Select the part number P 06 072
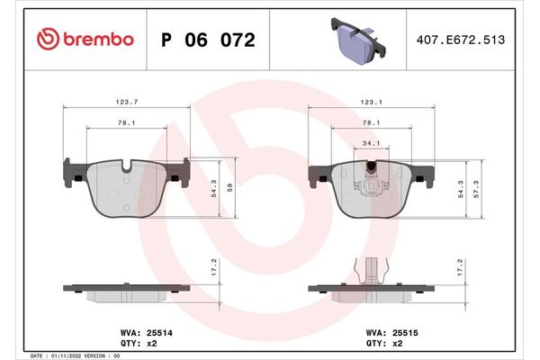206,40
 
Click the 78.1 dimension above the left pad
125,122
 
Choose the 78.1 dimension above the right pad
371,122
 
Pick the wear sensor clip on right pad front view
371,178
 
